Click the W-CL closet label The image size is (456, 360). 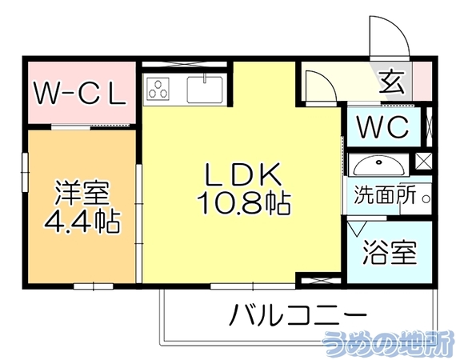pos(81,93)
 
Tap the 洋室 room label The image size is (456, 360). pos(82,193)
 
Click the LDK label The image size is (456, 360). pos(243,174)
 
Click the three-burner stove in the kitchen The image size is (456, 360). pos(158,90)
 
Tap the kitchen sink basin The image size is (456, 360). pos(206,89)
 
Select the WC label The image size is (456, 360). pos(382,126)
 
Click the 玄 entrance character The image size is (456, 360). pos(392,82)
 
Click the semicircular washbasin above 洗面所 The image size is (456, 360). pos(378,166)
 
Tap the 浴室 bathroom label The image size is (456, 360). pos(390,253)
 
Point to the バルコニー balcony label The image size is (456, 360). pos(297,315)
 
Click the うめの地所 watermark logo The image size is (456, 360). pos(388,344)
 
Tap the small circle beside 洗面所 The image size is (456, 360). pos(426,199)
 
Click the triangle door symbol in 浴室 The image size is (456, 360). pos(357,229)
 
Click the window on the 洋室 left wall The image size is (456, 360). pos(26,172)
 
